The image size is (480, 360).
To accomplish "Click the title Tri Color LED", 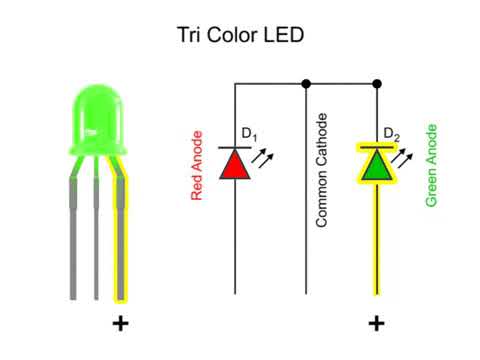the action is click(239, 35).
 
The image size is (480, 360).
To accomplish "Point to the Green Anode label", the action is click(432, 165).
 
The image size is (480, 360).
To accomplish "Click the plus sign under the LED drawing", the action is click(121, 323).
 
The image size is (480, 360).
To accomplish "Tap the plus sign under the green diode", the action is click(376, 323).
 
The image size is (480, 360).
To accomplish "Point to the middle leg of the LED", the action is click(97, 235).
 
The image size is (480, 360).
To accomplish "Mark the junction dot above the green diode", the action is click(376, 82).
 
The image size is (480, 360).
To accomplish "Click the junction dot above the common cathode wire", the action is click(305, 82).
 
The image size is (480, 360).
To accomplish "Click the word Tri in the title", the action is click(188, 35).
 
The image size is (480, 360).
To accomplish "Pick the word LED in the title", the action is click(282, 35).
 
